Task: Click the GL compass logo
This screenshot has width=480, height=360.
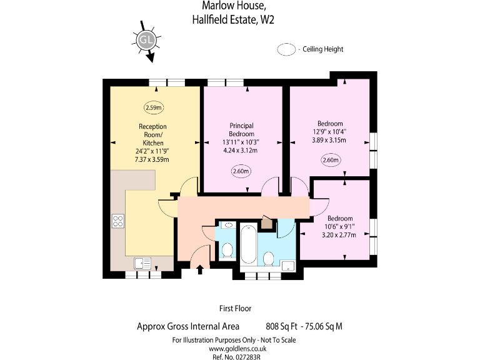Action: tap(146, 40)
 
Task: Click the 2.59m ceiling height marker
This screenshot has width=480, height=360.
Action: tap(153, 107)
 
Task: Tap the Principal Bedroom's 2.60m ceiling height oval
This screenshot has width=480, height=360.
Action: tap(241, 171)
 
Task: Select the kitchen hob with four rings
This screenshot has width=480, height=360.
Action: tap(117, 220)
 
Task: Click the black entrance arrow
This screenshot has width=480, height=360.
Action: tap(200, 269)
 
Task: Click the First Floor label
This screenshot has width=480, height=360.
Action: tap(235, 308)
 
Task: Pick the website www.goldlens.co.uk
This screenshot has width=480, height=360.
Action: tap(234, 348)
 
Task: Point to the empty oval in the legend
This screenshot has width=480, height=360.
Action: tap(287, 49)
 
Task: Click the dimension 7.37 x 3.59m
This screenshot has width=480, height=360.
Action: tap(152, 160)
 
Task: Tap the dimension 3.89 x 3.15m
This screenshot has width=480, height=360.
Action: tap(330, 140)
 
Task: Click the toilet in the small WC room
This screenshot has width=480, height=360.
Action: tap(227, 251)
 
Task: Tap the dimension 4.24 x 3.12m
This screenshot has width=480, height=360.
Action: tap(241, 151)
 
